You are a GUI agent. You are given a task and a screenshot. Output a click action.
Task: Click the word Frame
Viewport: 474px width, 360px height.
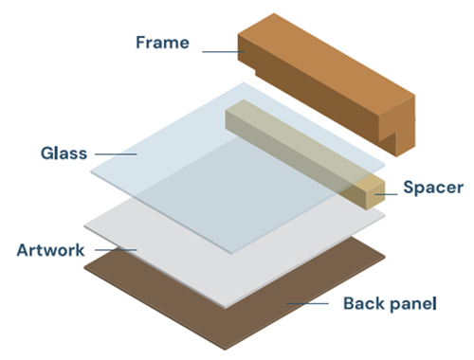(162, 43)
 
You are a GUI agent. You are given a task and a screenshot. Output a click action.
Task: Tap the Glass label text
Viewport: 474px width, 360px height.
(64, 153)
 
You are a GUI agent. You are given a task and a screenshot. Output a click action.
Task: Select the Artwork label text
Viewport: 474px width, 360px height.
(50, 250)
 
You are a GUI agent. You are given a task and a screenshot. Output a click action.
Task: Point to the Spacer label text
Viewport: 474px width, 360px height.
(433, 188)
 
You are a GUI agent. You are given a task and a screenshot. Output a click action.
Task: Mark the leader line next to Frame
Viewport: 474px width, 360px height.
(223, 52)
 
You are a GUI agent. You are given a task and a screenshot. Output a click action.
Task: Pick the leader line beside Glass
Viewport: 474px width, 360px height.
(116, 154)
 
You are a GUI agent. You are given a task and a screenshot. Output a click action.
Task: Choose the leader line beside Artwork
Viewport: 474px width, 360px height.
(116, 250)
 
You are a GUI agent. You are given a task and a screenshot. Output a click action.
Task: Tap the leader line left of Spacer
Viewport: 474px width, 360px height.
(386, 194)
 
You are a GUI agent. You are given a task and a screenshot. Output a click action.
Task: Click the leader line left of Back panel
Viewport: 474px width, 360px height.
(307, 303)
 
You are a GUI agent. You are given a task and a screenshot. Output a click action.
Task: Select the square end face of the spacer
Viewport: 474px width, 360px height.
(375, 196)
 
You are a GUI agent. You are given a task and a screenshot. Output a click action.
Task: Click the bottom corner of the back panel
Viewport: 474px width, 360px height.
(225, 350)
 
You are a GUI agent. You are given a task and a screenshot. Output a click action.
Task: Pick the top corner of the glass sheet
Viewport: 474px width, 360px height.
(244, 82)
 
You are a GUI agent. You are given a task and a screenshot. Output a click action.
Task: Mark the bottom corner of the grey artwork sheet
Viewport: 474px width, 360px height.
(225, 308)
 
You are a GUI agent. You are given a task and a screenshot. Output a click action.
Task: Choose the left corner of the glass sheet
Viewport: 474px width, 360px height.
(91, 171)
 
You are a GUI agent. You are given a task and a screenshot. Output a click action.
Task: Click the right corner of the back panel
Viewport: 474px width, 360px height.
(385, 257)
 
